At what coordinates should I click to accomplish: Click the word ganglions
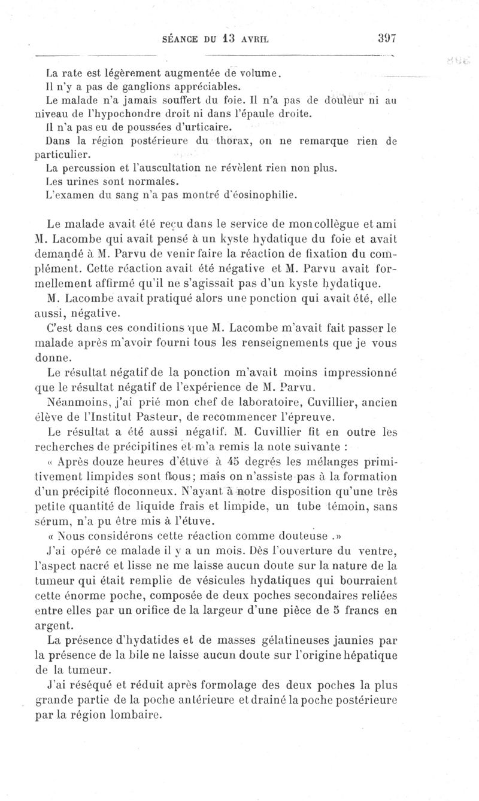click(120, 87)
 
